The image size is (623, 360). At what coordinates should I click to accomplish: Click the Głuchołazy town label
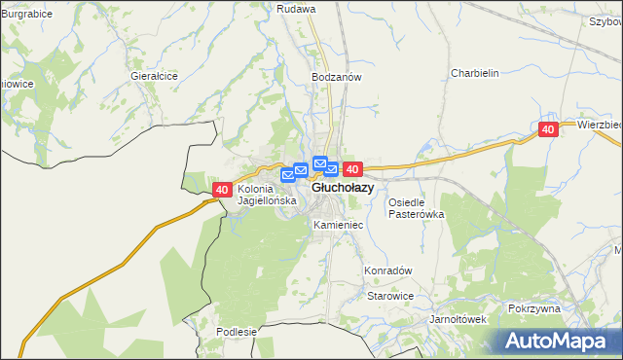(x=342, y=188)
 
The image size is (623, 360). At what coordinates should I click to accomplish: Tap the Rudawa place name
(x=297, y=9)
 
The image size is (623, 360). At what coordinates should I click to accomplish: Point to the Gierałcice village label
(x=154, y=75)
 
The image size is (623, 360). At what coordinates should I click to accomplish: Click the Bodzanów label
(x=336, y=77)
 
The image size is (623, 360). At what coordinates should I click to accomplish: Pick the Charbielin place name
(x=475, y=73)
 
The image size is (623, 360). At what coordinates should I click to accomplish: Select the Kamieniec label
(x=338, y=225)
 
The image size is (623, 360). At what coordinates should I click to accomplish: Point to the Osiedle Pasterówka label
(x=416, y=208)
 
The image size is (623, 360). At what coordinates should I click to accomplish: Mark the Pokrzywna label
(x=534, y=308)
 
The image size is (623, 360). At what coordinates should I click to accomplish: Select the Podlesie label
(x=237, y=332)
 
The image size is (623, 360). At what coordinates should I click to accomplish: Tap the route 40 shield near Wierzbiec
(x=548, y=129)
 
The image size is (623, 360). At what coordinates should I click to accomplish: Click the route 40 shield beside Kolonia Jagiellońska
(x=222, y=190)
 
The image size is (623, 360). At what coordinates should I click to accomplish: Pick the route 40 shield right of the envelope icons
(x=352, y=169)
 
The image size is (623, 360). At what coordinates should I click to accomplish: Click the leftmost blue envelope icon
(x=287, y=175)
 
